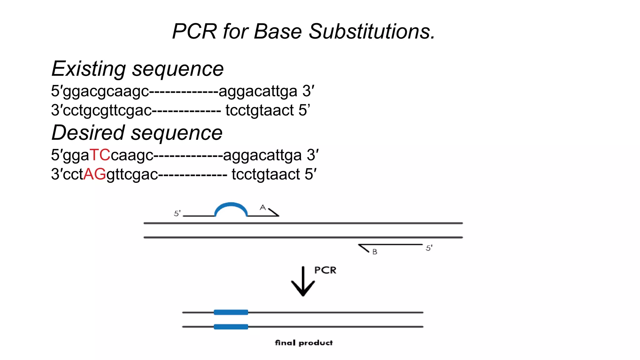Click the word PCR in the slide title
[x=194, y=32]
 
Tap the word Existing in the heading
[x=89, y=69]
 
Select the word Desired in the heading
[x=88, y=133]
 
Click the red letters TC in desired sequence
[x=100, y=155]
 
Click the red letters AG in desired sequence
[x=95, y=174]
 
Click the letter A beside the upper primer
[x=263, y=207]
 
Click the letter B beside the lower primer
[x=375, y=252]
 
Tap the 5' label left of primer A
[x=177, y=213]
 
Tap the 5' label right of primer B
[x=429, y=248]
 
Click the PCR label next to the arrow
[x=325, y=270]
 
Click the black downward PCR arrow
[x=303, y=283]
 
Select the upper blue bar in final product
[x=231, y=312]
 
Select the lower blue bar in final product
[x=231, y=327]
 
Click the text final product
[x=304, y=343]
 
